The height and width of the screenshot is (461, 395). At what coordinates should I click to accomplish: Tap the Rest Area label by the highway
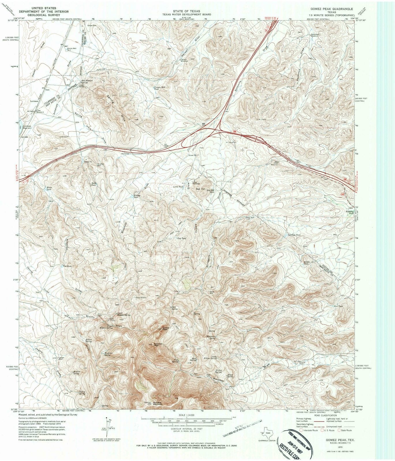pos(125,154)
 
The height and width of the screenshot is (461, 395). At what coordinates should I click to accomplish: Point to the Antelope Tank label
pos(294,235)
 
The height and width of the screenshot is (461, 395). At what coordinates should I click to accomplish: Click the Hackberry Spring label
pos(213,338)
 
